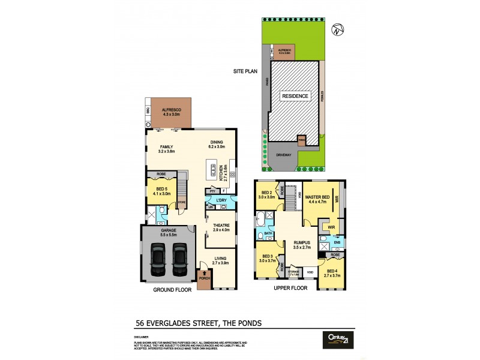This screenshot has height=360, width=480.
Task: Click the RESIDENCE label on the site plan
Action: pyautogui.click(x=294, y=96)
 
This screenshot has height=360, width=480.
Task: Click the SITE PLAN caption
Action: pyautogui.click(x=245, y=71)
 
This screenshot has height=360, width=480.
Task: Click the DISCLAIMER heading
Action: pyautogui.click(x=142, y=337)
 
